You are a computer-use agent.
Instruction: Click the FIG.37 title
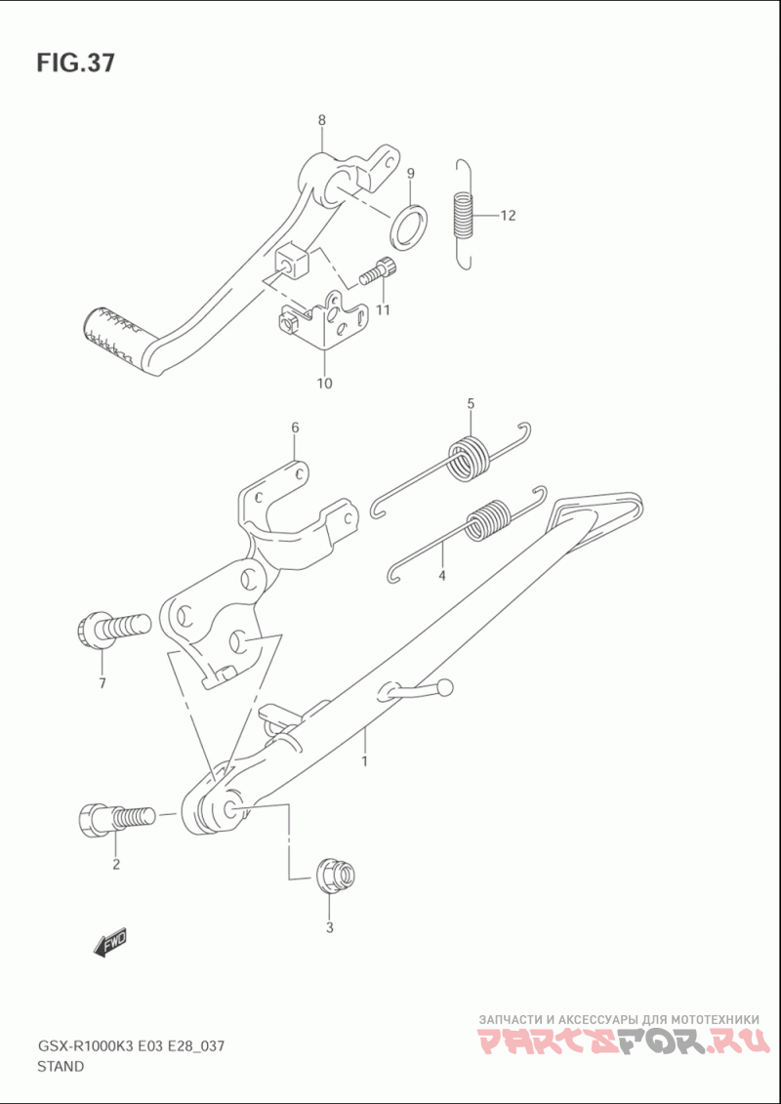click(75, 64)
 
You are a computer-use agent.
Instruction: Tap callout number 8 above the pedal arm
click(321, 120)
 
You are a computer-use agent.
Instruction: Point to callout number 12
click(508, 216)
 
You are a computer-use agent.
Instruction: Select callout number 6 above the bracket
click(294, 428)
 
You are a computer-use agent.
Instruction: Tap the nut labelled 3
click(333, 874)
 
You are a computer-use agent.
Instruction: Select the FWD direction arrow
click(110, 942)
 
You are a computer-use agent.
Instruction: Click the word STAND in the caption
click(61, 1066)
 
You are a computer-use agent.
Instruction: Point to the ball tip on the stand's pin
click(445, 688)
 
